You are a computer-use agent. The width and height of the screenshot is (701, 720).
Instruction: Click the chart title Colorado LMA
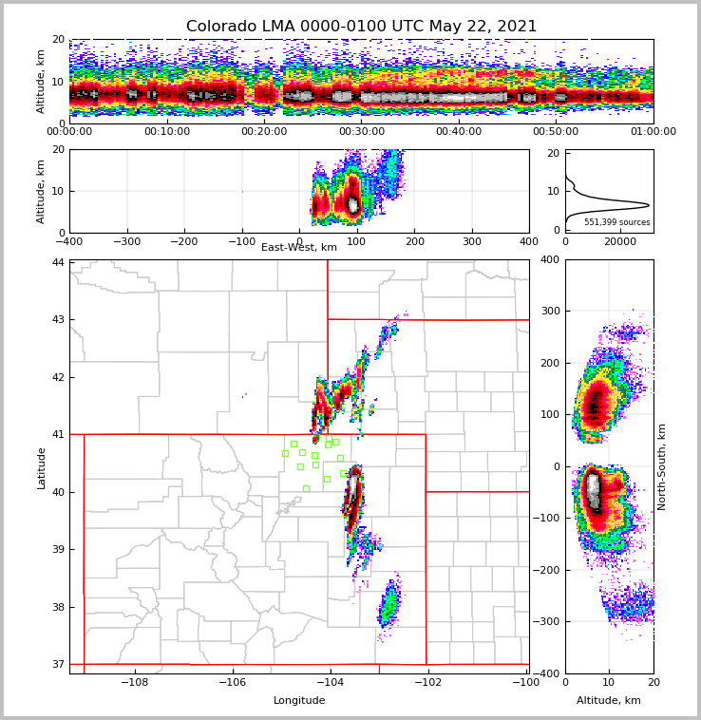click(x=361, y=27)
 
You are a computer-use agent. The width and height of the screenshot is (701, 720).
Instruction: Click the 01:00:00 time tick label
click(x=653, y=132)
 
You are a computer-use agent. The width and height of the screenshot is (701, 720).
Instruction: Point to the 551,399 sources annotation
click(x=616, y=222)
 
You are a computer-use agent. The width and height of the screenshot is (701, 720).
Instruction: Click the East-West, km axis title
click(x=299, y=248)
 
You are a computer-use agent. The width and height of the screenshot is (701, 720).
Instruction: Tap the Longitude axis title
click(x=299, y=701)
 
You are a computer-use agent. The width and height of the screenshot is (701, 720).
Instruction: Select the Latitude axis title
click(x=42, y=467)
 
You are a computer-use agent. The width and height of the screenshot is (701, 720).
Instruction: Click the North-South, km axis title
click(x=662, y=466)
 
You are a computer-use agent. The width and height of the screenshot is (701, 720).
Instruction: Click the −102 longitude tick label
click(x=426, y=683)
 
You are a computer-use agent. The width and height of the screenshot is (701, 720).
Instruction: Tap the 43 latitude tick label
click(x=58, y=320)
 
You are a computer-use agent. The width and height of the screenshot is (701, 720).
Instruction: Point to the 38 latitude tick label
click(x=58, y=607)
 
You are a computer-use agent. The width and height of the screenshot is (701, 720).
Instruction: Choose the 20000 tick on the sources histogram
click(x=620, y=242)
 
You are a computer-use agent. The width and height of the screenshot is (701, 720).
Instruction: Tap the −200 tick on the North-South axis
click(x=550, y=570)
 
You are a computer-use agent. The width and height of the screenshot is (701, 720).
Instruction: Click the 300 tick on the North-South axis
click(x=550, y=312)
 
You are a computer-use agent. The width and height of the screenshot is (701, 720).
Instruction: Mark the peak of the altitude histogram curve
click(x=649, y=205)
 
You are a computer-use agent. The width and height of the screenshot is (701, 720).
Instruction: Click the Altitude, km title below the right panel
click(x=609, y=701)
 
